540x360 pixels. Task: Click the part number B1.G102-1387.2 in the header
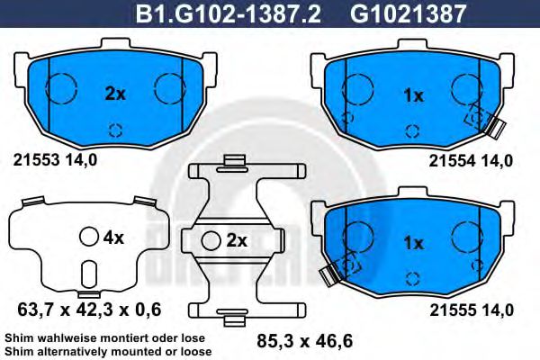229,13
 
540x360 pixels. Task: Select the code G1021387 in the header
408,13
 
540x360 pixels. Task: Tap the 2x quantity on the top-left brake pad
115,94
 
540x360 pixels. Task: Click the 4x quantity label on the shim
113,238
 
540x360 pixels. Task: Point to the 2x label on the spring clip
237,241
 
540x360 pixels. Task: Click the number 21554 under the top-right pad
452,161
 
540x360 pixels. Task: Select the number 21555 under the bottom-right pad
453,310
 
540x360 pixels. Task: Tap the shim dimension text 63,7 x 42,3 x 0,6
89,310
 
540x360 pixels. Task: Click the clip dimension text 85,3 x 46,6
305,341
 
